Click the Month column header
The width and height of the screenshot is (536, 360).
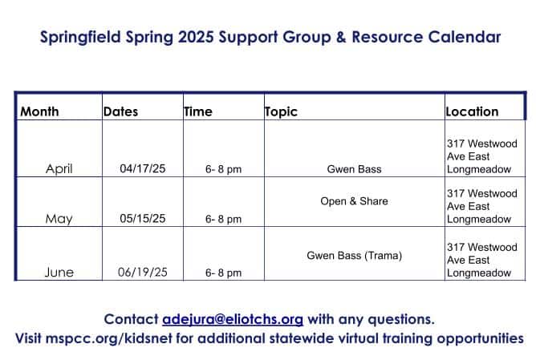coord(39,111)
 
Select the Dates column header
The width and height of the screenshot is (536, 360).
coord(120,111)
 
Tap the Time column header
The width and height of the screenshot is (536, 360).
coord(198,111)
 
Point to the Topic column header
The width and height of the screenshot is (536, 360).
coord(281,111)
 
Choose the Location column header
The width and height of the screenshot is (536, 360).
coord(472,111)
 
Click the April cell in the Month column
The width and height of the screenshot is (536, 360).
coord(59,168)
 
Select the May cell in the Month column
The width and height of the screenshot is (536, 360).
coord(59,219)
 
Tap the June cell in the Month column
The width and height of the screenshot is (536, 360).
coord(59,273)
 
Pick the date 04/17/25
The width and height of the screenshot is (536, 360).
coord(143,168)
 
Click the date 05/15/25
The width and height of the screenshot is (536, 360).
coord(143,218)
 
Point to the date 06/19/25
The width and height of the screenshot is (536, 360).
coord(143,273)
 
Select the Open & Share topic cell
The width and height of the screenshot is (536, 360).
coord(354,200)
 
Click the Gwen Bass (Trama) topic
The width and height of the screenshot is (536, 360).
coord(354,256)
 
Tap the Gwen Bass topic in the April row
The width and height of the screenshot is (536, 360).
coord(354,169)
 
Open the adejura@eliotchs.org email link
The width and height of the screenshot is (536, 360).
coord(233,320)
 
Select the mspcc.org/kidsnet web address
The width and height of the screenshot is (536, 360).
coord(109,339)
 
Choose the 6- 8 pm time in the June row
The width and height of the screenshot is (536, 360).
coord(223,273)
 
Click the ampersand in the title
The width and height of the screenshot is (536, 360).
coord(341,37)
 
